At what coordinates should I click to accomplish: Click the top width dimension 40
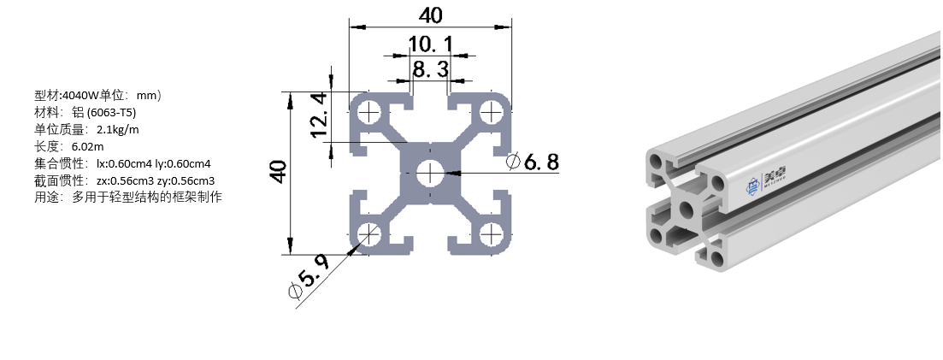point(431,15)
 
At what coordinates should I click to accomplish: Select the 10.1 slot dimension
point(430,44)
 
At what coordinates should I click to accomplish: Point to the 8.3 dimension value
point(430,68)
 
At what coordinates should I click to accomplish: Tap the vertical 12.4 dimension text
point(318,115)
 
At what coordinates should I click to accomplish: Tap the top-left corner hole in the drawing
point(370,112)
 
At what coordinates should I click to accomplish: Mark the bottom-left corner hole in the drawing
point(370,233)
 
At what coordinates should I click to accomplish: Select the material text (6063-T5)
point(112,113)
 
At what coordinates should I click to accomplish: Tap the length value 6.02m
point(87,146)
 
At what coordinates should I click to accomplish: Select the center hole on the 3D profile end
point(687,210)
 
